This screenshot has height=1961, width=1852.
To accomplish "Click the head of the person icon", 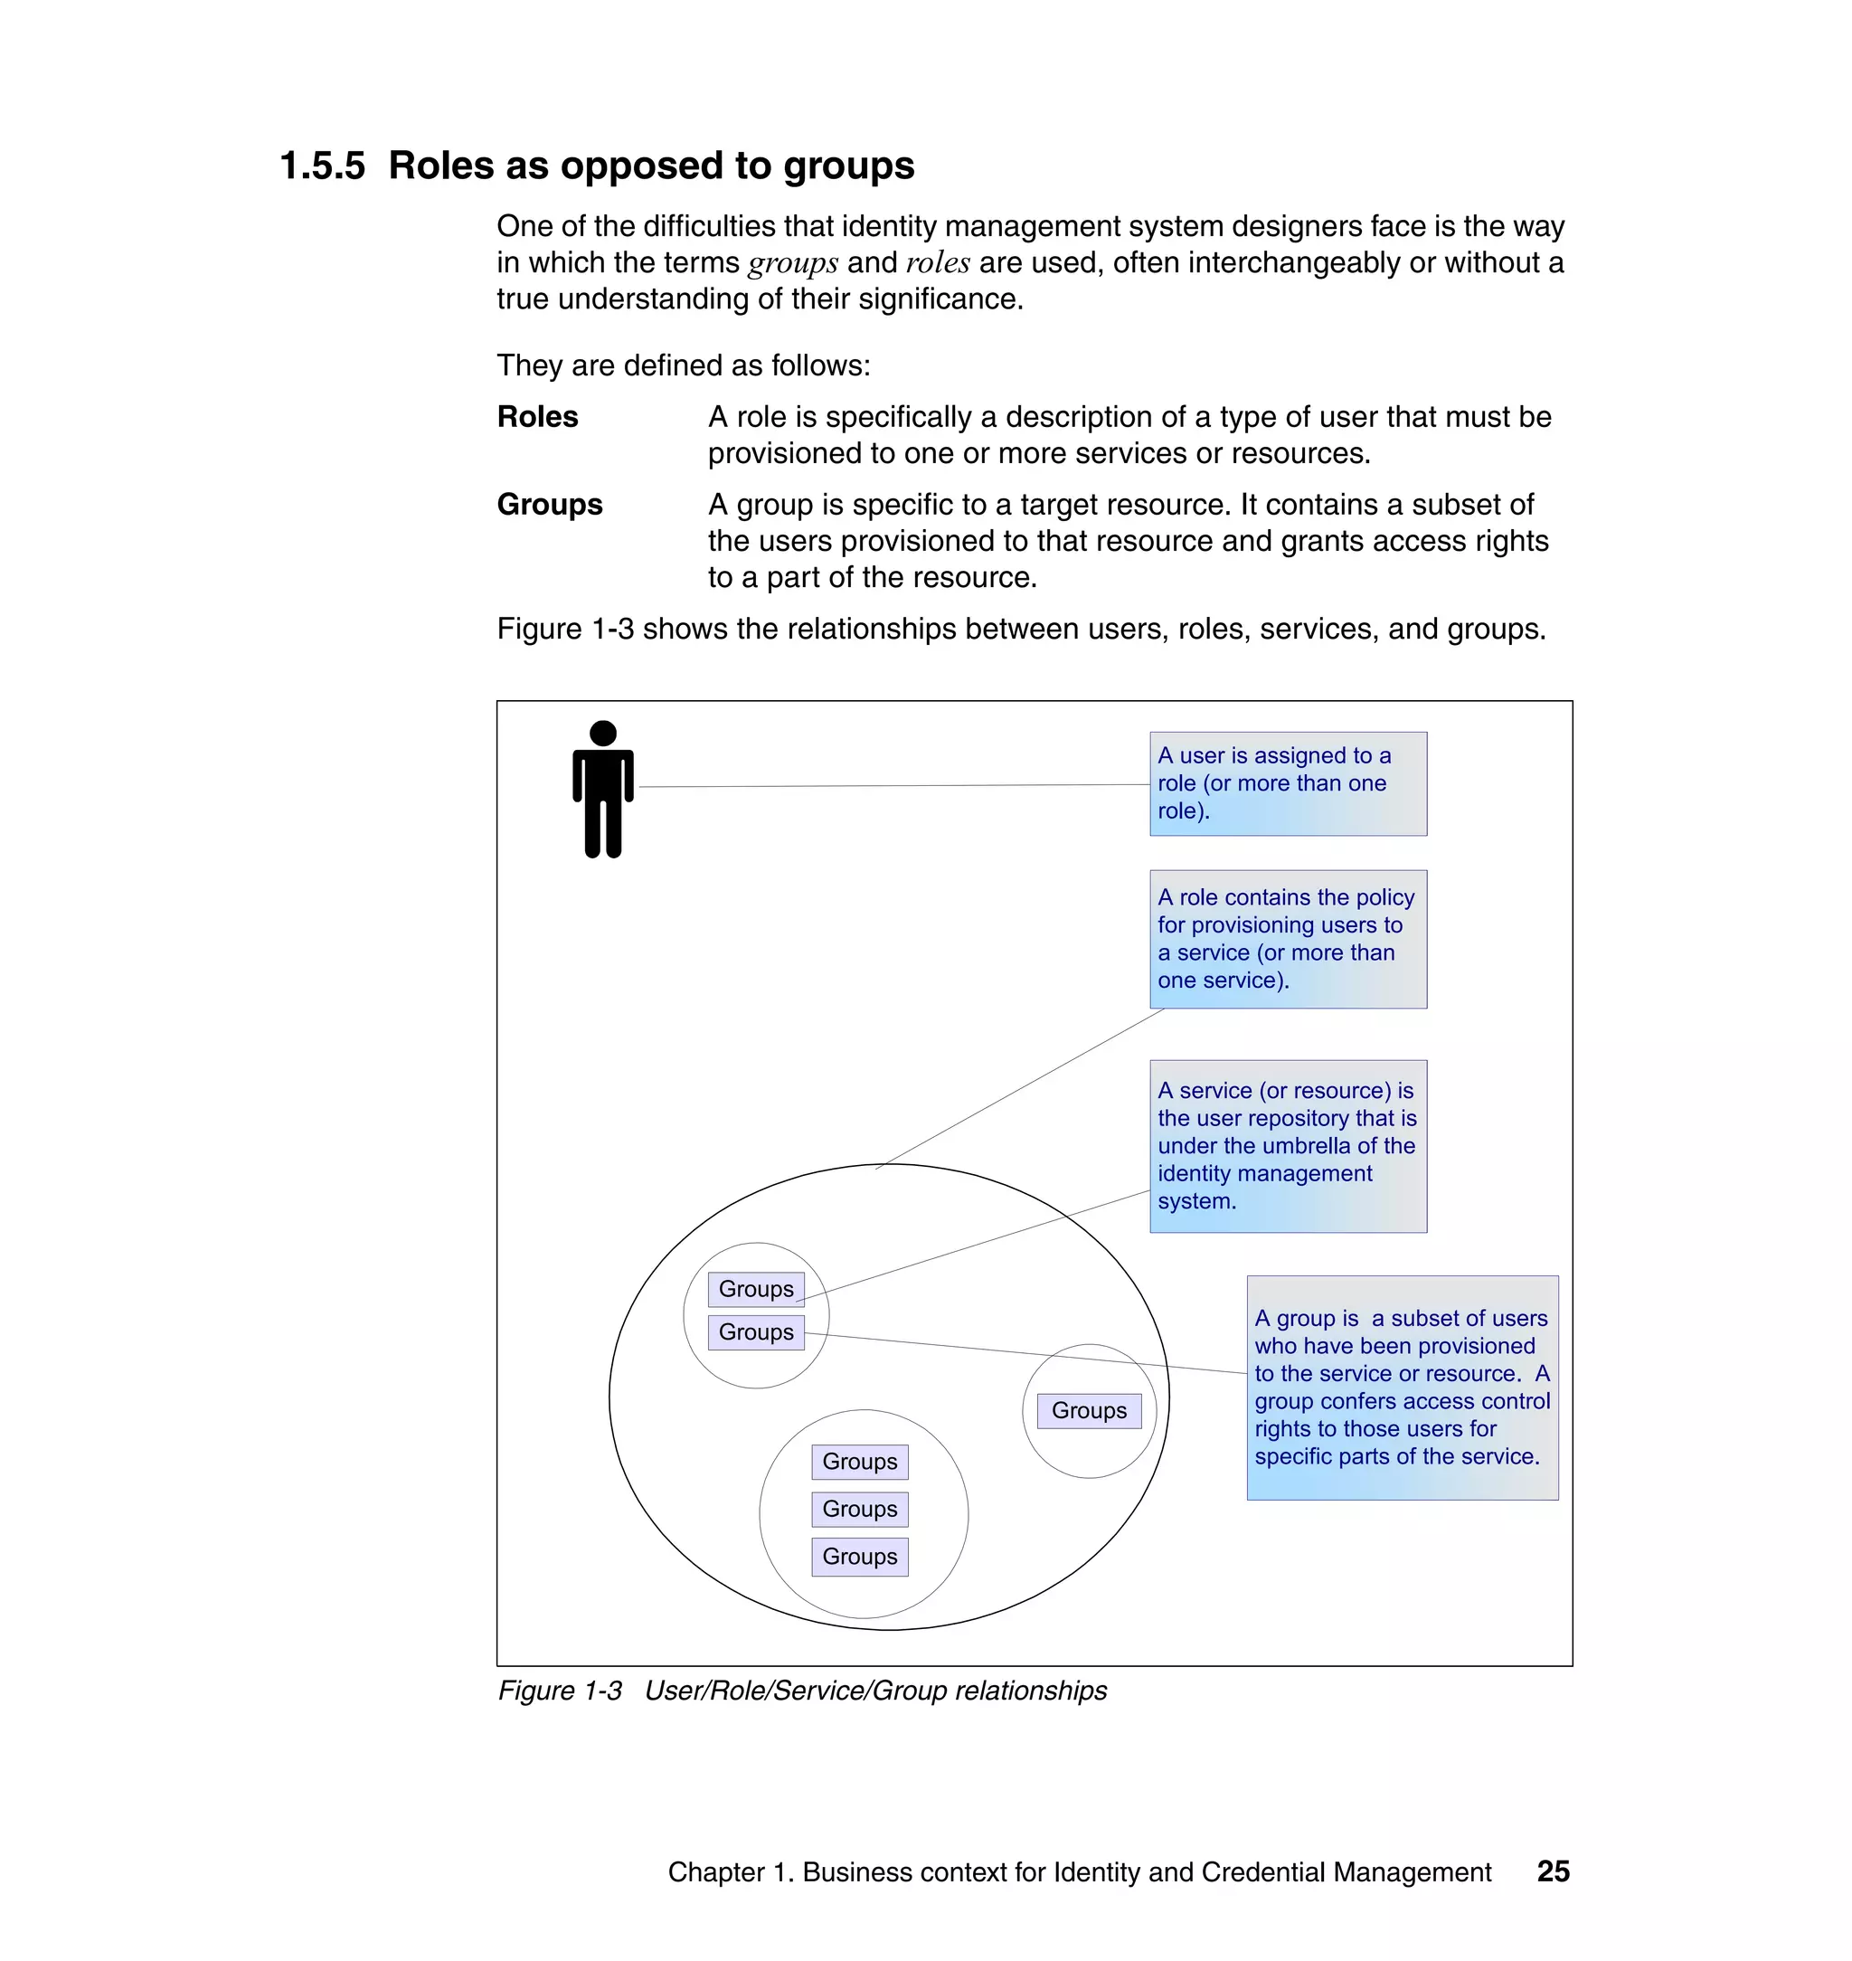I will [x=602, y=733].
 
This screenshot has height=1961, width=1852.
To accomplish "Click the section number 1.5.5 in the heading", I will [x=322, y=166].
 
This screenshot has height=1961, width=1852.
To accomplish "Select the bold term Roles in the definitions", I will [x=537, y=417].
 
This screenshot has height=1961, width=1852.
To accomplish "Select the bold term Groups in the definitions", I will [x=549, y=505].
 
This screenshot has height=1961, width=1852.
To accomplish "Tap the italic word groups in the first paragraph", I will [x=793, y=263].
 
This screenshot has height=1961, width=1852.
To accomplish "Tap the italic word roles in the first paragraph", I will [x=937, y=263].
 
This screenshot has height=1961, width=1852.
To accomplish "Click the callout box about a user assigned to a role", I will [x=1288, y=783].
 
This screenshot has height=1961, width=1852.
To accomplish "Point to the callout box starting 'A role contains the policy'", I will [x=1288, y=938].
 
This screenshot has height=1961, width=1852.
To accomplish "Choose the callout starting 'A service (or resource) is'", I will [x=1288, y=1145].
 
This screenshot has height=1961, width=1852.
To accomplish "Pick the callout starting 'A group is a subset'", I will [x=1401, y=1388].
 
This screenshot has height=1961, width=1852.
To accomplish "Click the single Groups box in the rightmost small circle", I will [x=1088, y=1410].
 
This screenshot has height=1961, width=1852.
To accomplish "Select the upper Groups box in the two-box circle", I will [x=755, y=1289].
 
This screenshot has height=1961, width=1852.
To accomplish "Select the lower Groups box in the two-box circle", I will [x=755, y=1332].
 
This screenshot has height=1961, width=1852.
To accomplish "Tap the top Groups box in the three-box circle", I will [x=859, y=1462].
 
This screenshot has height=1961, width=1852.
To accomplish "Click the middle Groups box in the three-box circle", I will [x=859, y=1509].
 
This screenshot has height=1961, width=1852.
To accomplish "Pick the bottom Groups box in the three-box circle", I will [x=859, y=1556].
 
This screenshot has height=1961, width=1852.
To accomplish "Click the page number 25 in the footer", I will [x=1553, y=1871].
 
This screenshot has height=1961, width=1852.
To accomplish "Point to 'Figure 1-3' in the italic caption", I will [x=559, y=1691].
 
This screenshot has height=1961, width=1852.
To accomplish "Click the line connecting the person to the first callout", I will [x=889, y=786].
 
